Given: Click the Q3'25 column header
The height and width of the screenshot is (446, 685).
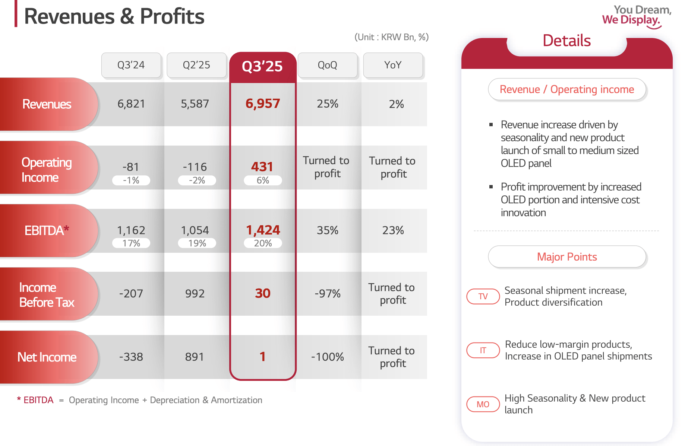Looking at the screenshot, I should click(x=262, y=66).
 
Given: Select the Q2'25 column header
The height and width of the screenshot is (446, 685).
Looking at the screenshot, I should click(x=196, y=65).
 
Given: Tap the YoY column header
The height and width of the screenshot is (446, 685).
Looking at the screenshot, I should click(x=393, y=65).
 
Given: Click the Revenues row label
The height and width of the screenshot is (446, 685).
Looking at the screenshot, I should click(x=47, y=104).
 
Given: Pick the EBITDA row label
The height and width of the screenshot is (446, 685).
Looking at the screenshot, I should click(x=47, y=230).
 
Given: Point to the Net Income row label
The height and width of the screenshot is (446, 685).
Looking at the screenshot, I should click(x=47, y=357).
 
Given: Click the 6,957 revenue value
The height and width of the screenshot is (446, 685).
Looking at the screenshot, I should click(x=262, y=103).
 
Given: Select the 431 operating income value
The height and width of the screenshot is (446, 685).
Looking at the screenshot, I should click(x=262, y=166).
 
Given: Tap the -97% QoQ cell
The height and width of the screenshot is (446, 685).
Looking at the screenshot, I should click(x=327, y=293).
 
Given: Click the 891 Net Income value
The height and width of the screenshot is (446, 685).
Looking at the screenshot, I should click(x=195, y=357).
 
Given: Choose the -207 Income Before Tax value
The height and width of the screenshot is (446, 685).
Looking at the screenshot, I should click(x=131, y=293).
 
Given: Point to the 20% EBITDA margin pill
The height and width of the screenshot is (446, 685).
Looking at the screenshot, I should click(x=263, y=243).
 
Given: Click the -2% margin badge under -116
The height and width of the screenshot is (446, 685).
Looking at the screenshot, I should click(x=197, y=180).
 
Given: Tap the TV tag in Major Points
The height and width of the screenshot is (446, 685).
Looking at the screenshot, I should click(x=483, y=296).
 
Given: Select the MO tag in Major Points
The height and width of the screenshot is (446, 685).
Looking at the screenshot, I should click(x=483, y=404).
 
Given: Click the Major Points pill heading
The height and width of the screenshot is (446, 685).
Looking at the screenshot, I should click(x=566, y=257).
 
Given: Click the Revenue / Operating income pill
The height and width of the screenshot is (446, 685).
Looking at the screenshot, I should click(x=566, y=89).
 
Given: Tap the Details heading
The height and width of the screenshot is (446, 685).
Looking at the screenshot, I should click(x=566, y=41).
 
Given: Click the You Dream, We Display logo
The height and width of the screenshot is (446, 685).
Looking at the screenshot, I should click(x=636, y=16).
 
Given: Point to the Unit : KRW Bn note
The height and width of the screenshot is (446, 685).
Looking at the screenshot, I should click(x=391, y=37).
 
